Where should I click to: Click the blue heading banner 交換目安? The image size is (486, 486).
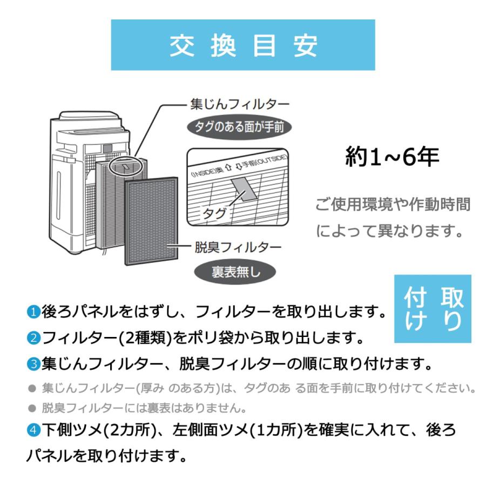[x=242, y=45]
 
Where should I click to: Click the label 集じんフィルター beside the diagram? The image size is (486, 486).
[x=240, y=104]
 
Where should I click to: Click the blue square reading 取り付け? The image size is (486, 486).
[x=433, y=309]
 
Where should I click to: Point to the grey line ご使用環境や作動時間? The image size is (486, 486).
[x=392, y=205]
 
